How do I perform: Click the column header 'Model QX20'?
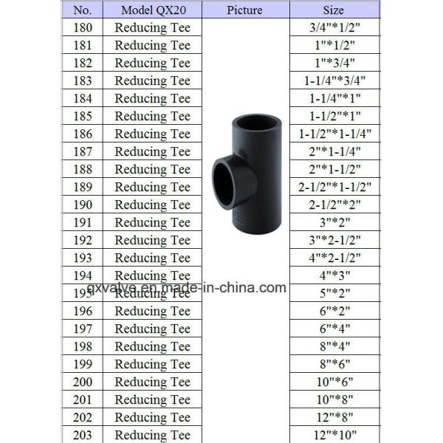pyautogui.click(x=154, y=10)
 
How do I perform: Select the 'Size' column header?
pyautogui.click(x=334, y=10)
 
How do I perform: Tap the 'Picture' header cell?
pyautogui.click(x=244, y=10)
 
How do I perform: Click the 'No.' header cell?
pyautogui.click(x=82, y=10)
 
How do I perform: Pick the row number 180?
pyautogui.click(x=83, y=28)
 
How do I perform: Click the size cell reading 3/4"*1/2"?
pyautogui.click(x=334, y=28)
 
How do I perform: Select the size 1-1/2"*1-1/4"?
pyautogui.click(x=334, y=134)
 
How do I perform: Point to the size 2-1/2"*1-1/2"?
pyautogui.click(x=334, y=187)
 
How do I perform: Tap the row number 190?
pyautogui.click(x=83, y=205)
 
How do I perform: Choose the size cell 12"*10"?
pyautogui.click(x=334, y=435)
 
